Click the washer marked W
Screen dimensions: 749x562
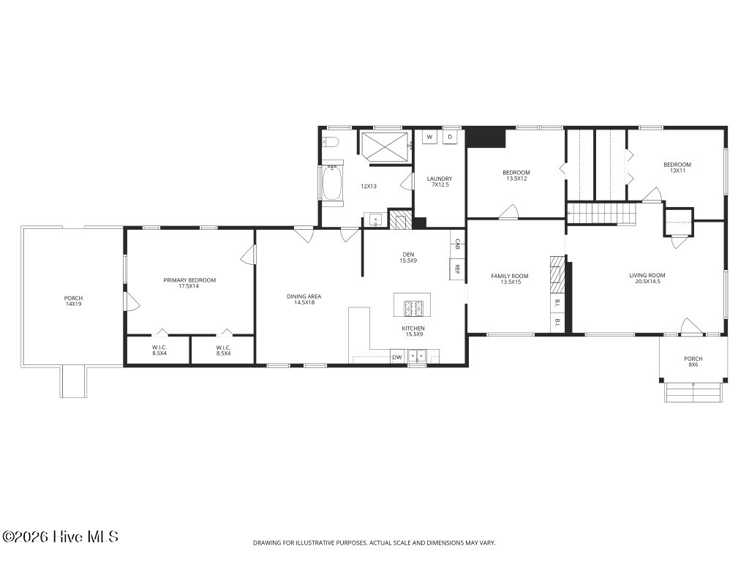point(429,137)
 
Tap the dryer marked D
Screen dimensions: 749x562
point(450,137)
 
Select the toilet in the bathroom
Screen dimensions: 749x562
point(330,141)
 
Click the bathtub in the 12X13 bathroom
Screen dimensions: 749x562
point(333,184)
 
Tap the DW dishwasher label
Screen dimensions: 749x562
point(397,357)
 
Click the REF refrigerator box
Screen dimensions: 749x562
point(457,269)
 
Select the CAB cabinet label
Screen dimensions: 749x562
point(457,244)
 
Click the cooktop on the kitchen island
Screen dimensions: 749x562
point(413,308)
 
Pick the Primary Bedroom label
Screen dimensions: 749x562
point(189,283)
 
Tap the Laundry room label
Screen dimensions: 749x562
point(440,181)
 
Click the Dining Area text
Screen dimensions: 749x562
point(304,299)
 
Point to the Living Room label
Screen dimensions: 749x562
point(647,278)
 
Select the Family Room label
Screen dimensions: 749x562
point(510,279)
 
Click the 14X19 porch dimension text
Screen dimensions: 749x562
point(73,304)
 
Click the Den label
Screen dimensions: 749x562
point(408,258)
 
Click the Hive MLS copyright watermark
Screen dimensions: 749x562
point(60,536)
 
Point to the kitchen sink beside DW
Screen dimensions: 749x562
point(417,356)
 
